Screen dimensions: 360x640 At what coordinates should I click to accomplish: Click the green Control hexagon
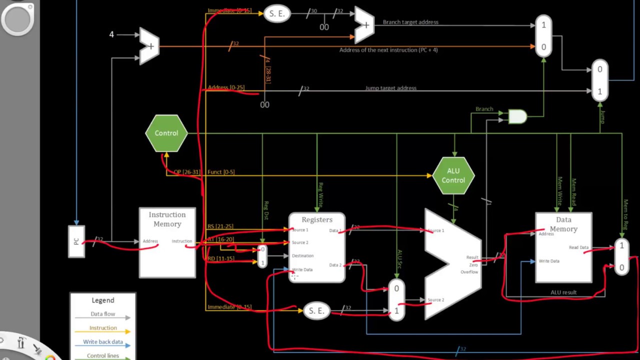166,133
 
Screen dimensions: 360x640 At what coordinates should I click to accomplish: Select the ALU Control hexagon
453,175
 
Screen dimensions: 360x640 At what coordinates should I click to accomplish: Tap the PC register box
76,241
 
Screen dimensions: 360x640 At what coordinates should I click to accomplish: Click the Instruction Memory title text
167,219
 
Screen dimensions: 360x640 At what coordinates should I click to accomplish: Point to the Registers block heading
316,219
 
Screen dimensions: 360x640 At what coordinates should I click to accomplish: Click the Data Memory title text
563,224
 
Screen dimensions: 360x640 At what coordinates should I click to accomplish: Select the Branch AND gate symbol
517,117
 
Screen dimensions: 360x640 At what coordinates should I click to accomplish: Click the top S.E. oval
276,13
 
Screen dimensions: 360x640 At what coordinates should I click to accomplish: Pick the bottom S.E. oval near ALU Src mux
316,311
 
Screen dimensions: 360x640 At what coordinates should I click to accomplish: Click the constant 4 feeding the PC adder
111,34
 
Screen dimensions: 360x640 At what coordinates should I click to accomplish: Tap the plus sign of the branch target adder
365,25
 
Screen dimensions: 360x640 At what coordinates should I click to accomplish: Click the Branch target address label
410,22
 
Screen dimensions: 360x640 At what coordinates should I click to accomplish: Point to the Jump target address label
390,88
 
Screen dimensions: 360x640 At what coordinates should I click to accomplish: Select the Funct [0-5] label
221,172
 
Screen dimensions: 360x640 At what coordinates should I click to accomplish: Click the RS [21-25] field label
220,226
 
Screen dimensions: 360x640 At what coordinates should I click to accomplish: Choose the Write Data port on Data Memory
548,261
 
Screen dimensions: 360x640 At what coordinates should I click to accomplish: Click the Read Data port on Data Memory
578,247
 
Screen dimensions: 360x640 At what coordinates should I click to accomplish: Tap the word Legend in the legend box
102,300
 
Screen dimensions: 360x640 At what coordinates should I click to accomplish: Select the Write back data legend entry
102,342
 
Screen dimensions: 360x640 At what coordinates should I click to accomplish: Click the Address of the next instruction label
388,50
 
